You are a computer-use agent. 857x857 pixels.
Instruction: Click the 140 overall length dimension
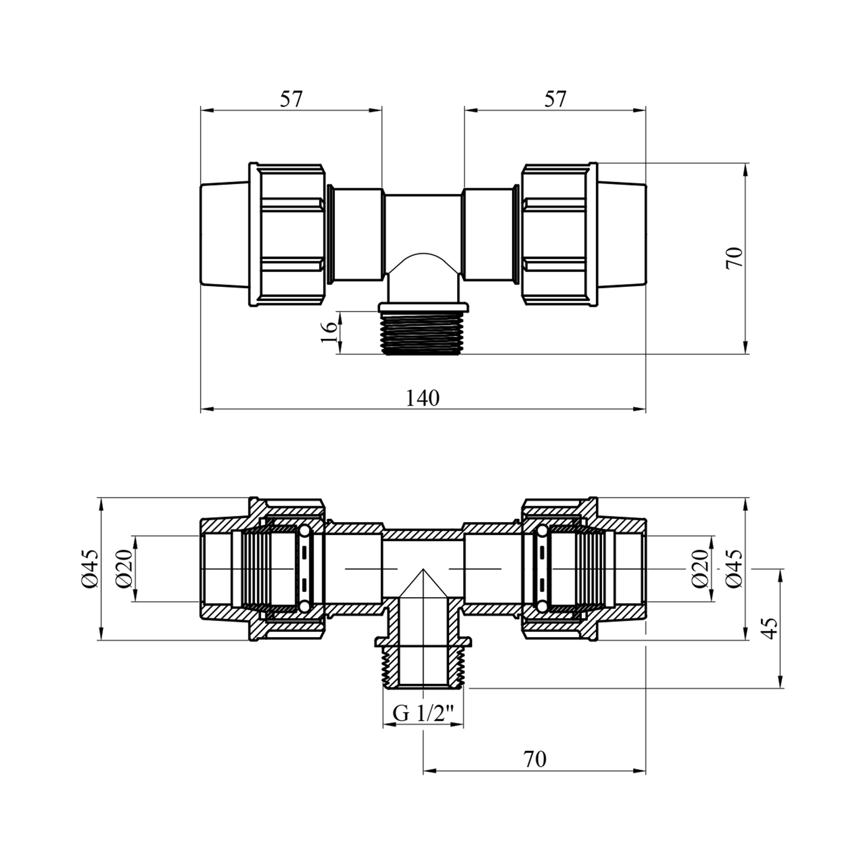pyautogui.click(x=423, y=398)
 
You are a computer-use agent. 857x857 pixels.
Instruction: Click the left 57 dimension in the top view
pyautogui.click(x=291, y=99)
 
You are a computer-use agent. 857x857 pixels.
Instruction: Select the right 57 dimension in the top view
pyautogui.click(x=555, y=99)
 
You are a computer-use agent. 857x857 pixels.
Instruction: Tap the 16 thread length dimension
pyautogui.click(x=329, y=331)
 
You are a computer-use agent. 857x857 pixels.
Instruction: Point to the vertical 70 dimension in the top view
pyautogui.click(x=735, y=258)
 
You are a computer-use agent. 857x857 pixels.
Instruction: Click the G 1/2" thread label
pyautogui.click(x=423, y=714)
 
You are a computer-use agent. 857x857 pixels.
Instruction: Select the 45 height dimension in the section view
pyautogui.click(x=770, y=628)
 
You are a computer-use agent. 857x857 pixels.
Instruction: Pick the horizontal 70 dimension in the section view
pyautogui.click(x=534, y=759)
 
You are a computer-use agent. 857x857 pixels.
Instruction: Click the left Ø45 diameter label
pyautogui.click(x=90, y=569)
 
